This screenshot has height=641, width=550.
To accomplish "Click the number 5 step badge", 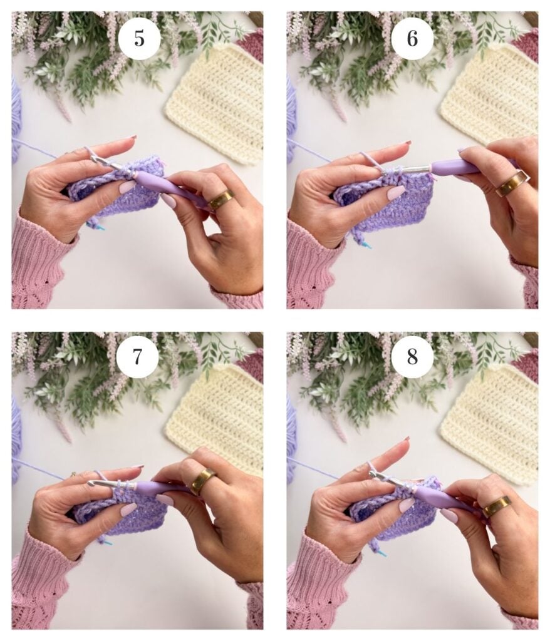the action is pos(139,38).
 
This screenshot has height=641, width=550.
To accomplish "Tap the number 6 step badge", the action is pos(412,38).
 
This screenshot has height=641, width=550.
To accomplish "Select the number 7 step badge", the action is pos(137,356).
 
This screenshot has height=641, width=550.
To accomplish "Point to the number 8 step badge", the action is pos(412,356).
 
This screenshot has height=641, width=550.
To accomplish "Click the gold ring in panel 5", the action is pos(221,200).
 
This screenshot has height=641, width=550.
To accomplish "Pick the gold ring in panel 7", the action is pos(202,480).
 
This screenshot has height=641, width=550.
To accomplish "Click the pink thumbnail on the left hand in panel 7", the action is pos(128,510).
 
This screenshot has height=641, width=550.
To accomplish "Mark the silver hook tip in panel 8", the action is pos(373,474).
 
